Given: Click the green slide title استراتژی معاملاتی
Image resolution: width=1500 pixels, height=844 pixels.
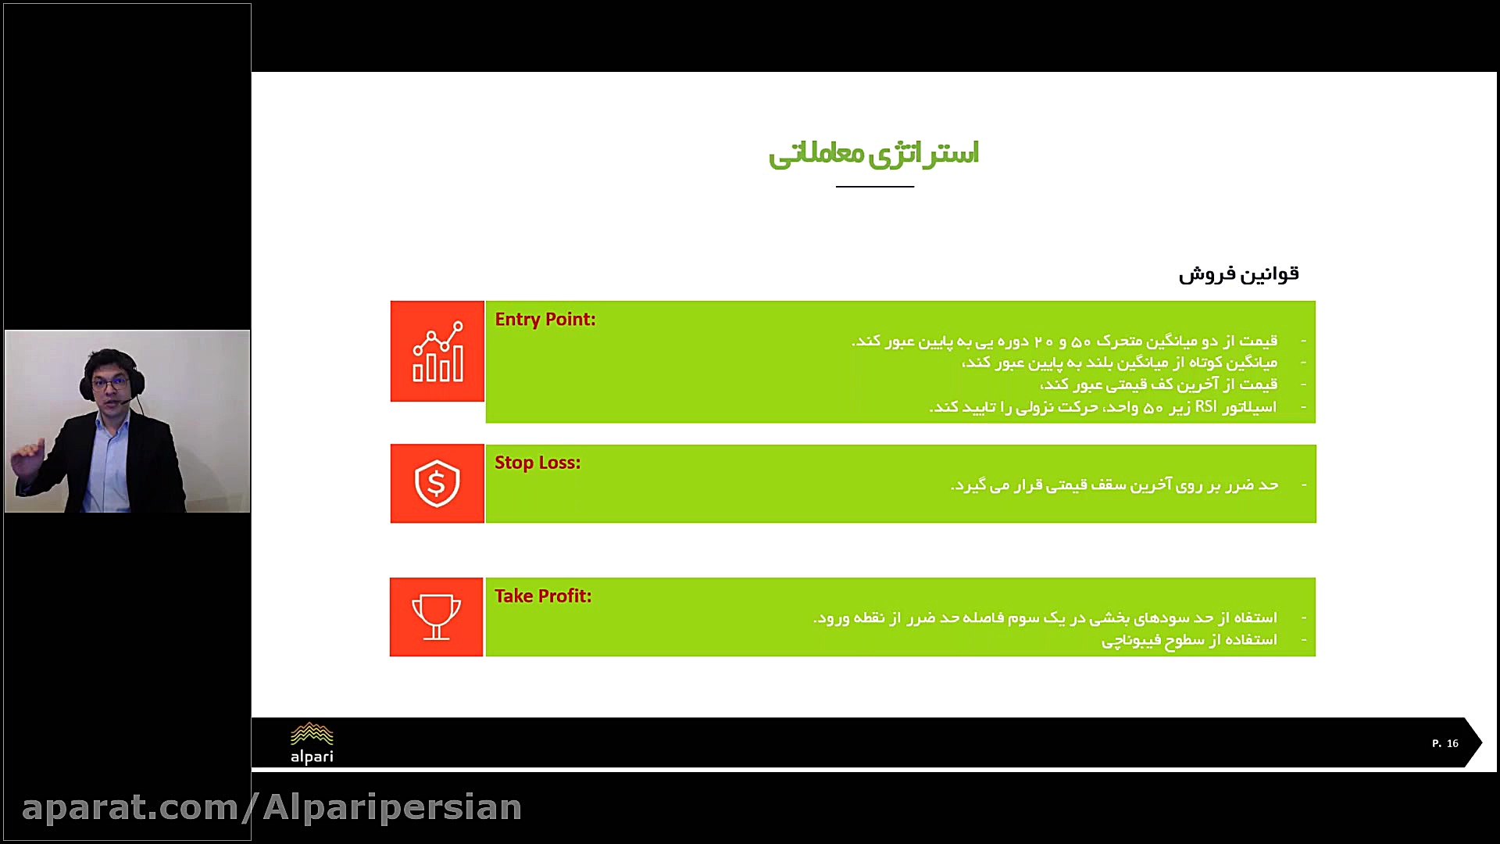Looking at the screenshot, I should [873, 153].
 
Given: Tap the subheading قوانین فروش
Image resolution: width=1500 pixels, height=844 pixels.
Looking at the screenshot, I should [1238, 274].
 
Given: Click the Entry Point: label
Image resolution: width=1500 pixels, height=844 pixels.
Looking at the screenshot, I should [545, 320].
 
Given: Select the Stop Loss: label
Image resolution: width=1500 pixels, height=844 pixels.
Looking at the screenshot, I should [537, 463].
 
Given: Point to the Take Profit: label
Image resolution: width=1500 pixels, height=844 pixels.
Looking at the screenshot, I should [543, 596].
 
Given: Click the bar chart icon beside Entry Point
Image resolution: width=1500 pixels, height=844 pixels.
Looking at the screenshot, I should [437, 352].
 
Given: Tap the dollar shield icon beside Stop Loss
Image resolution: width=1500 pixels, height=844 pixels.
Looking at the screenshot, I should [437, 484].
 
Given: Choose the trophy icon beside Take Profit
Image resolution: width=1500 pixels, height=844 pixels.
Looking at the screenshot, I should [436, 617].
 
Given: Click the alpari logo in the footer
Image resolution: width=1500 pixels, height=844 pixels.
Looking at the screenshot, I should [312, 743].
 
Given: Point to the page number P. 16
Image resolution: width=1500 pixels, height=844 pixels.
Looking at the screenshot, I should [1445, 743].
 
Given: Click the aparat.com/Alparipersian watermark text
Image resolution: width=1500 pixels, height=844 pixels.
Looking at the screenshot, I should [272, 807].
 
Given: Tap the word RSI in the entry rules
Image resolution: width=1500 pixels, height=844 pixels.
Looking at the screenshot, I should [1205, 407].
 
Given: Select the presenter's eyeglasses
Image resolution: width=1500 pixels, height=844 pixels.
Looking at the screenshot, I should [110, 384].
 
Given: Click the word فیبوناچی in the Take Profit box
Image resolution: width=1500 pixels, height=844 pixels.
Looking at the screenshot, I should [1127, 641].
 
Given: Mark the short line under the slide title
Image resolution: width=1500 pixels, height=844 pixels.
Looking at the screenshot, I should [874, 187].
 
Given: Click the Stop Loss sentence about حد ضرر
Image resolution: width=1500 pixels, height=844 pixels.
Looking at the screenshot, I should [1114, 485].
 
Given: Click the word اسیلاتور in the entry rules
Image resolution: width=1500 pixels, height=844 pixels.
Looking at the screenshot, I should [1249, 407].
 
